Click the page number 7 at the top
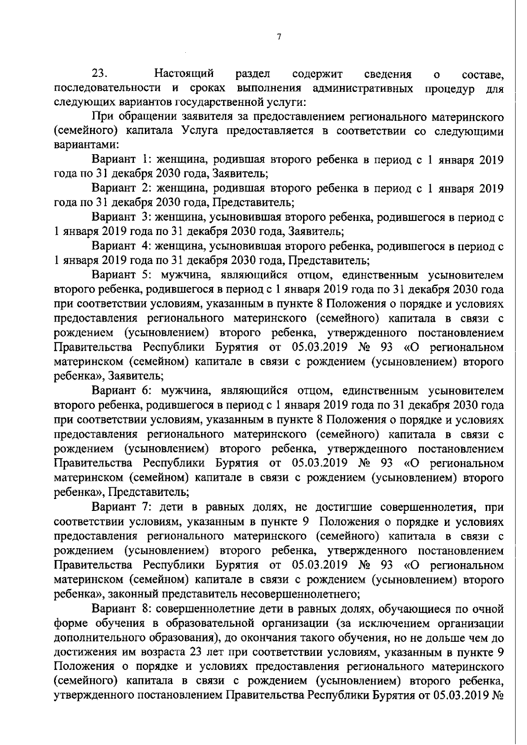pyautogui.click(x=279, y=37)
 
